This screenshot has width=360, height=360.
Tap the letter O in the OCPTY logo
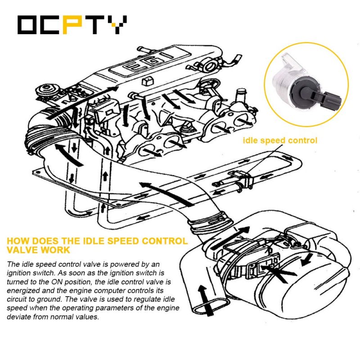point(27,25)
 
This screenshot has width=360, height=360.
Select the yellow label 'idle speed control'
point(280,140)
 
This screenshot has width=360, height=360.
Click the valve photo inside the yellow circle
point(307,84)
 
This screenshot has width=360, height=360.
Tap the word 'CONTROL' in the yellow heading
point(165,241)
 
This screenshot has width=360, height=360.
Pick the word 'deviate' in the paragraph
point(19,317)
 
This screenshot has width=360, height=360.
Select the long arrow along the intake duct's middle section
point(167,194)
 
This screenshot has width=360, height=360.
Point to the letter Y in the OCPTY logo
point(117,25)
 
